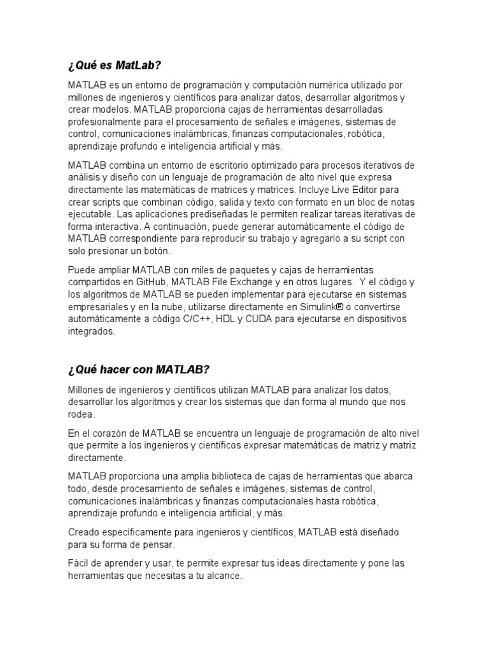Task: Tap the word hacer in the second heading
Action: point(123,370)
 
